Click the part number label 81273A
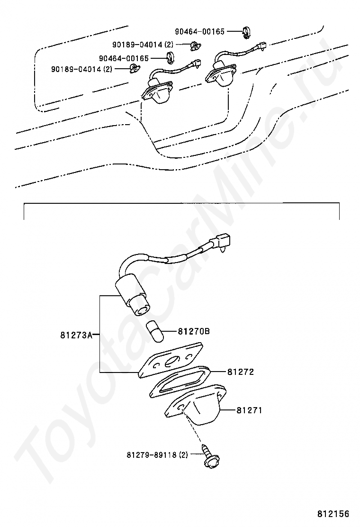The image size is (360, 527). (76, 335)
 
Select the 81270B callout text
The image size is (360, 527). (194, 331)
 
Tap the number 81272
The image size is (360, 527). (241, 372)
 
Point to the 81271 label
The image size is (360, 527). (250, 410)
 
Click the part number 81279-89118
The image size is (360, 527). (152, 455)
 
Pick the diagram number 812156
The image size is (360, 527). (333, 514)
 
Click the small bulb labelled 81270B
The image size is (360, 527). (155, 331)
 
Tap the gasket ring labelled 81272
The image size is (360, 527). (180, 382)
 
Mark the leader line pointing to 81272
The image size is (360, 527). (219, 372)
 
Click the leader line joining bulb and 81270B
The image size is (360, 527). (170, 331)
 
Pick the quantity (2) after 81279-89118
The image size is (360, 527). (183, 455)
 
